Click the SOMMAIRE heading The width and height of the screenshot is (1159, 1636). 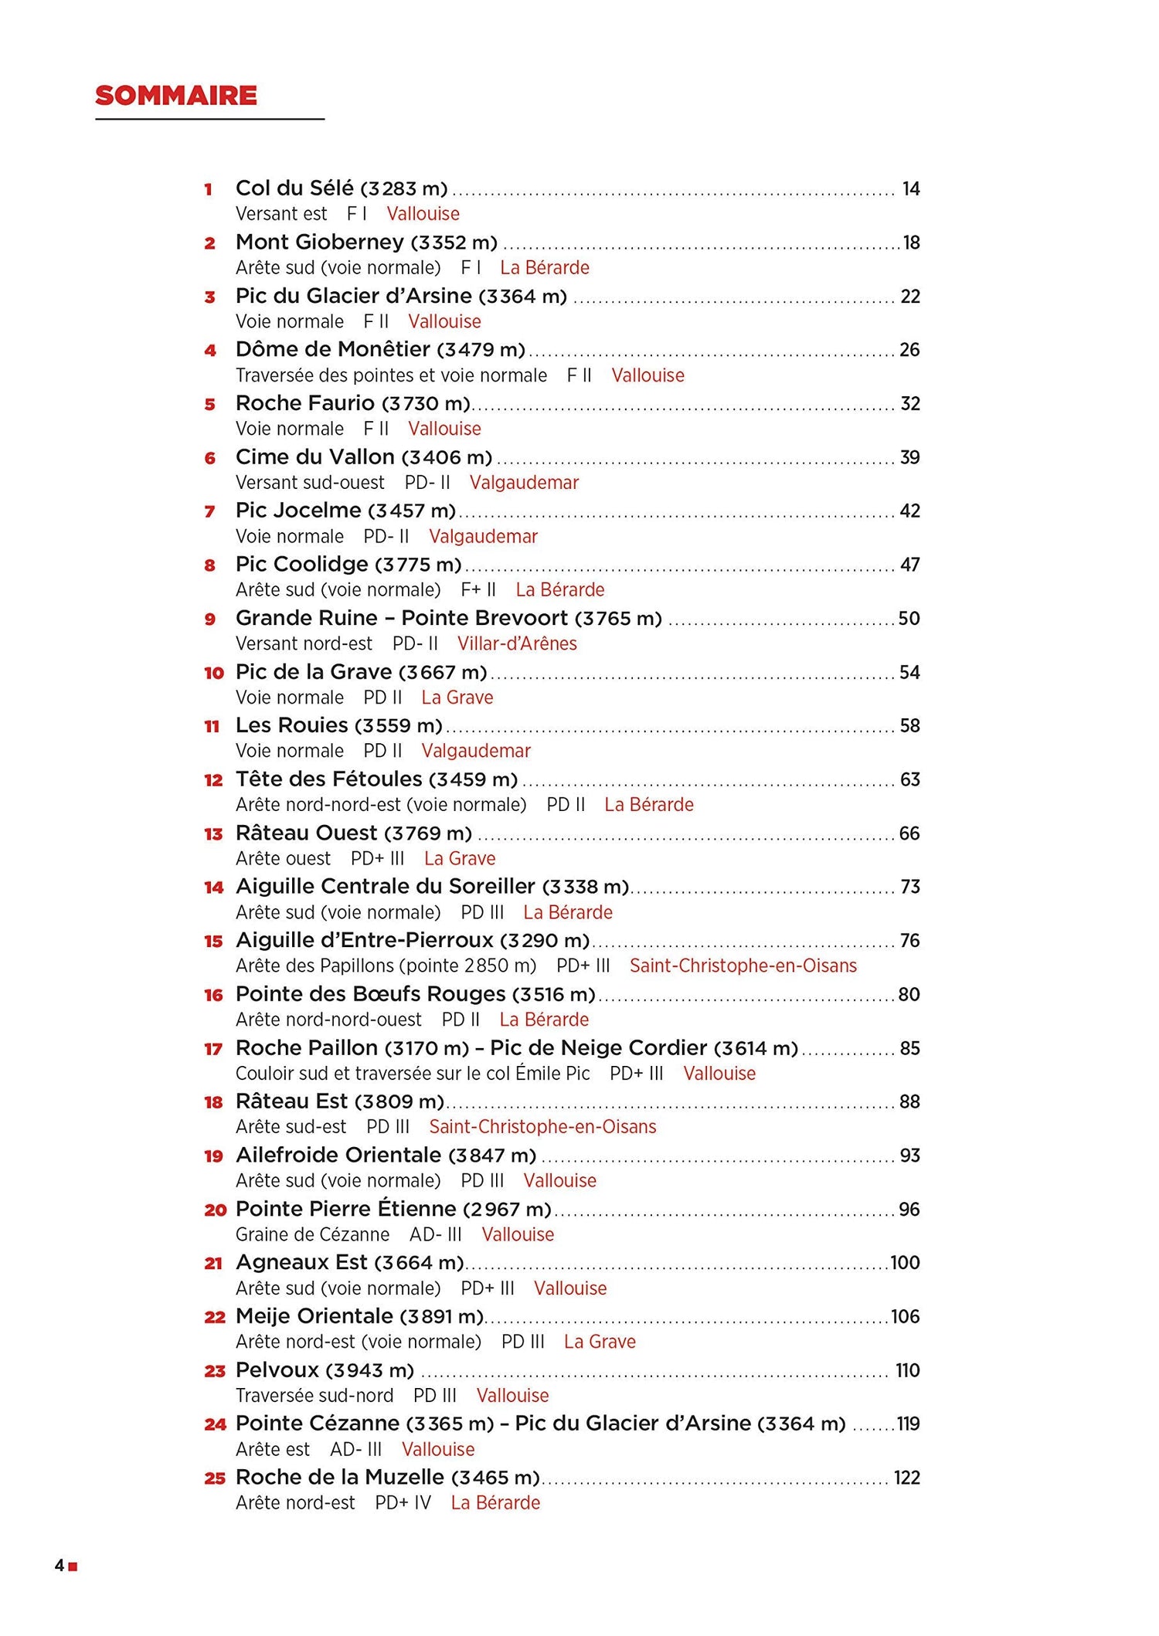tap(175, 96)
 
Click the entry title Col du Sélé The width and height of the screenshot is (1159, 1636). tap(294, 188)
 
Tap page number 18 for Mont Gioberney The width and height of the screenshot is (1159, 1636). tap(912, 243)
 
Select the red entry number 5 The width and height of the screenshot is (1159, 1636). tap(209, 404)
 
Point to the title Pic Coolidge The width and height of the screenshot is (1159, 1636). tap(302, 565)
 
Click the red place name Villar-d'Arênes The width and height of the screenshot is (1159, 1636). tap(517, 643)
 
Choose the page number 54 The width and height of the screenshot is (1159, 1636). tap(909, 672)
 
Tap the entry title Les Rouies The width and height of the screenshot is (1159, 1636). tap(292, 725)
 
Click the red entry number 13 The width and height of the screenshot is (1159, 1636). tap(213, 833)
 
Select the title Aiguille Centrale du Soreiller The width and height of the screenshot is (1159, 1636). tap(386, 886)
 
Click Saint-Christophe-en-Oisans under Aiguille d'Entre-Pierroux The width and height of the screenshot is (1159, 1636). tap(743, 966)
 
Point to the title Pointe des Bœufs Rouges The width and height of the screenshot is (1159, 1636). tap(371, 994)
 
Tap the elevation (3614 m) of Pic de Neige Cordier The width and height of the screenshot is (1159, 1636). tap(756, 1048)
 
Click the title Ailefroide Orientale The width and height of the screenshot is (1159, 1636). tap(338, 1156)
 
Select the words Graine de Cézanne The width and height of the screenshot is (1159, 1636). tap(312, 1234)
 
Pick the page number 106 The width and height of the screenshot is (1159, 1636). tap(905, 1316)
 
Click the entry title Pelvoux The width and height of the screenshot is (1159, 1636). tap(277, 1370)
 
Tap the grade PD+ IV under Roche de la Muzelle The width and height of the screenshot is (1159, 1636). tap(403, 1502)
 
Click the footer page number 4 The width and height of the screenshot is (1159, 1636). tap(59, 1566)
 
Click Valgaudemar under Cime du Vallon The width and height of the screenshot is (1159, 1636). tap(524, 483)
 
